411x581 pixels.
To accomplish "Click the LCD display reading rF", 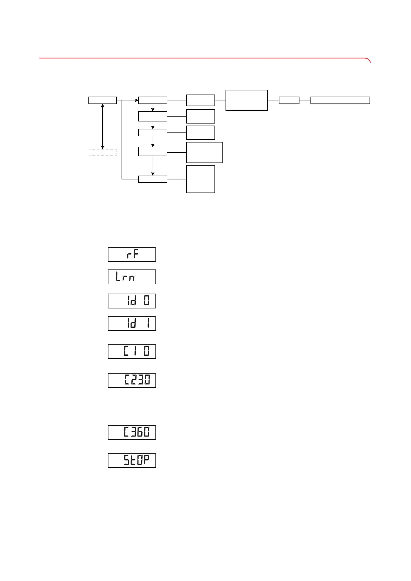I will [132, 255].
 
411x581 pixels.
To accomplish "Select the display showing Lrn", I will [132, 277].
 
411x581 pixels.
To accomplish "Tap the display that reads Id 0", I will [132, 301].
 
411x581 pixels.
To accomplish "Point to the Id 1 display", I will [132, 324].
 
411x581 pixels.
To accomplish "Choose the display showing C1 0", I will [132, 352].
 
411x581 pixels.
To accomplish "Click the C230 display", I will [132, 381].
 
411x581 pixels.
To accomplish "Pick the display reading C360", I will [132, 433].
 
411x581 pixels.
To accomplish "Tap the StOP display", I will [132, 461].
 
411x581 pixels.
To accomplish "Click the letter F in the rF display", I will [136, 255].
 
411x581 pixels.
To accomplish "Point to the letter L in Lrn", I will [118, 277].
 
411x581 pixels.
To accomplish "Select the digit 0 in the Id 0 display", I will [147, 301].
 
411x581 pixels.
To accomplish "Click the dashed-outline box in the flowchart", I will [103, 152].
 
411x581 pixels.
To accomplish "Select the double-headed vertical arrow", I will [103, 126].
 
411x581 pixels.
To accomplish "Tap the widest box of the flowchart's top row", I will [340, 100].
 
